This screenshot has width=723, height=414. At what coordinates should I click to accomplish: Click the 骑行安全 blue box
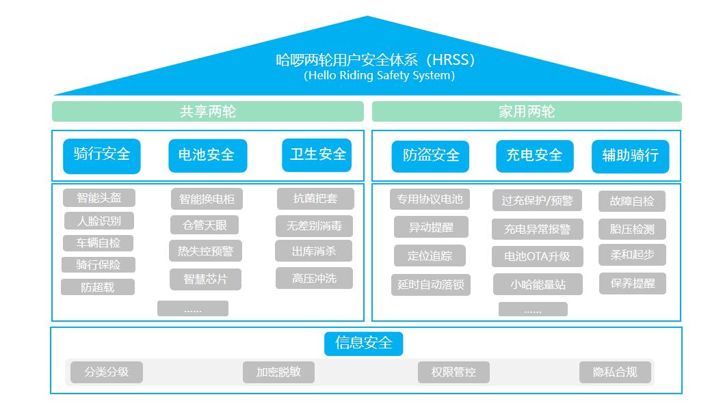101,156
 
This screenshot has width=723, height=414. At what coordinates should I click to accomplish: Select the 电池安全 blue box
207,156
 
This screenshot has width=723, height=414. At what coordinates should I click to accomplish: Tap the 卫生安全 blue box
317,155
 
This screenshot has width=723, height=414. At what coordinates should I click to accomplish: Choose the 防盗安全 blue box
430,156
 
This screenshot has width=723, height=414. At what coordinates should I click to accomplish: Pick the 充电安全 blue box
535,156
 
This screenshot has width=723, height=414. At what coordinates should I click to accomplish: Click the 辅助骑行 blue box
631,156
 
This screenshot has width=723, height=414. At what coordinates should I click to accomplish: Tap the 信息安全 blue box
363,344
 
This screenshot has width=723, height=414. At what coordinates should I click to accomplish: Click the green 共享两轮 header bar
207,111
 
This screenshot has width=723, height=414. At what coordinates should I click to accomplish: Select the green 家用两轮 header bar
527,111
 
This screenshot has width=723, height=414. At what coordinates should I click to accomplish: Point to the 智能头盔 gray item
99,198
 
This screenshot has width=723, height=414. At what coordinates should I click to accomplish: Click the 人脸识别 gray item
99,221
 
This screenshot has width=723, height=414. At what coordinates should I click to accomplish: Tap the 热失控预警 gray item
205,251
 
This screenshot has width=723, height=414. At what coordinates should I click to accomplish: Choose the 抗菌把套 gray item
315,199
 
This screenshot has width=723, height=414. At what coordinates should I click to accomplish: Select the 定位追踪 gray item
430,256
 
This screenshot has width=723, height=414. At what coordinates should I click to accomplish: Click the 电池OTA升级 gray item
537,256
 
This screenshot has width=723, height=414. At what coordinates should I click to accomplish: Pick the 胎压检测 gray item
632,229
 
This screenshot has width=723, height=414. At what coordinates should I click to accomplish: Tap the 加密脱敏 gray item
278,372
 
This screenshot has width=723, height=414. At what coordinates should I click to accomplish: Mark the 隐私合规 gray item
615,372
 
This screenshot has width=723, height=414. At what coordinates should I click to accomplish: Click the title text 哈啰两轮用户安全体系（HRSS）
376,60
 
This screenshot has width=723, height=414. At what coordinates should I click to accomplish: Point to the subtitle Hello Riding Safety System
379,76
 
